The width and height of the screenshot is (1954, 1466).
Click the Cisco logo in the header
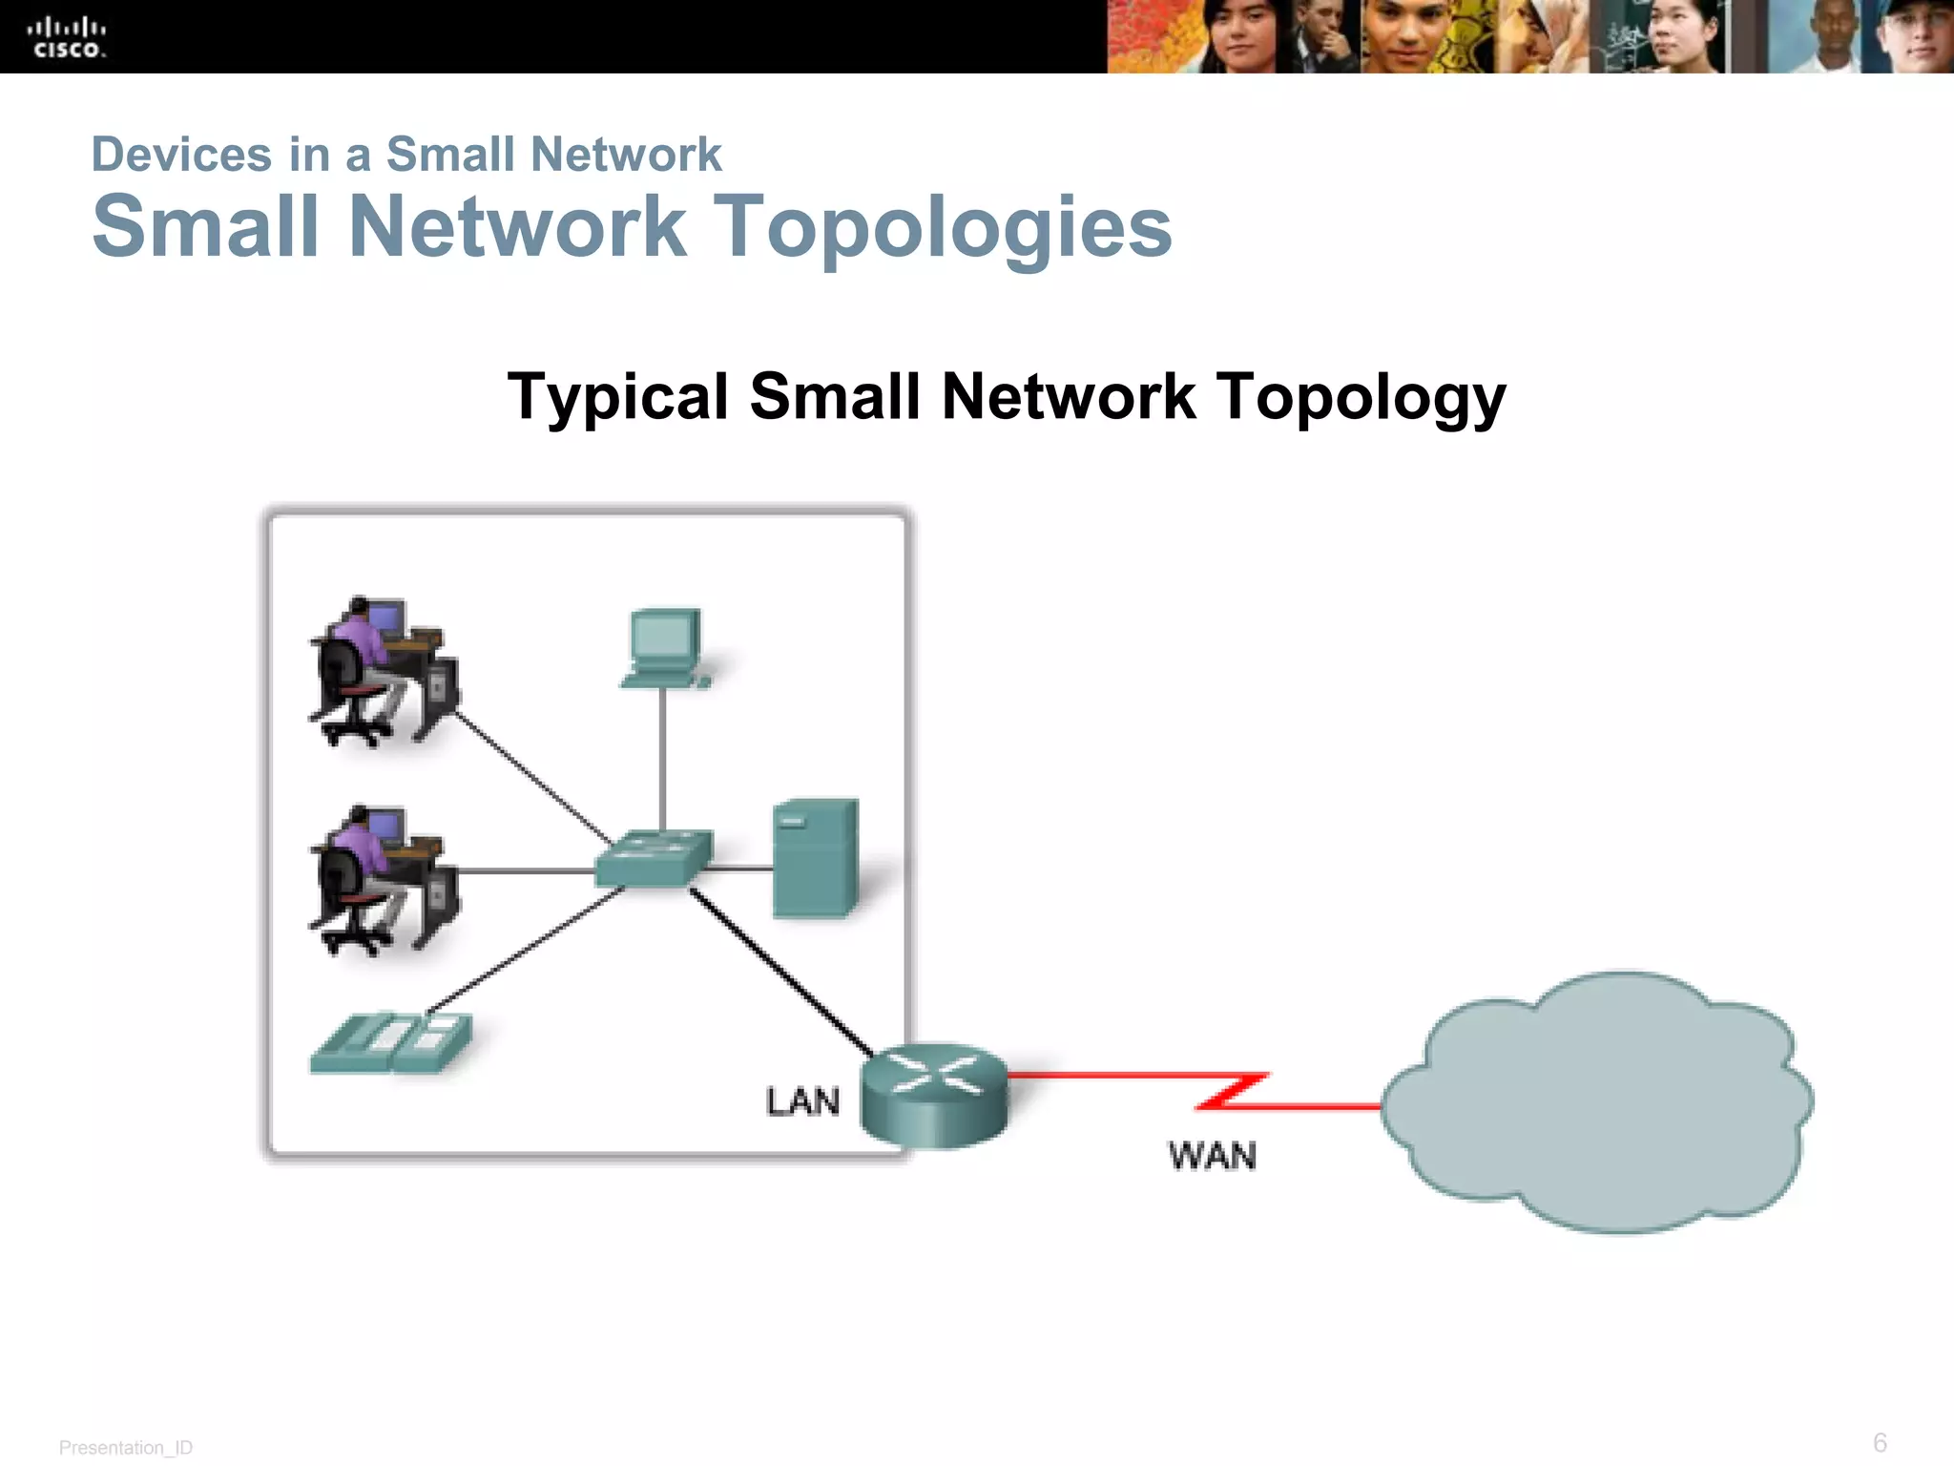[x=66, y=38]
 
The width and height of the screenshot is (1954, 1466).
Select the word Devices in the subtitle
[x=181, y=155]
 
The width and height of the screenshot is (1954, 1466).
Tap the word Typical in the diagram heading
[x=618, y=396]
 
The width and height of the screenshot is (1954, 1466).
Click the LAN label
[x=802, y=1101]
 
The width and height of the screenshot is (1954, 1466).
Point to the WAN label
[x=1212, y=1156]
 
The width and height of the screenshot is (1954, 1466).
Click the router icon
[x=934, y=1095]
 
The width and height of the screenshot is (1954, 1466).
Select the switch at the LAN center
[x=654, y=857]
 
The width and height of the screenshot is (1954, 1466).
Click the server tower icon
[x=815, y=858]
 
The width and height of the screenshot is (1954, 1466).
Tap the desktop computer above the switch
[x=665, y=647]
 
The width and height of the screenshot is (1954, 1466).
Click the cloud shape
[x=1596, y=1102]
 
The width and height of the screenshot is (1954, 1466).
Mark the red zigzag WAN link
[x=1231, y=1090]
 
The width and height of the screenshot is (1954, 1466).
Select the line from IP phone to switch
[x=525, y=949]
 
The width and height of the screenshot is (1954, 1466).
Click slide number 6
[x=1880, y=1441]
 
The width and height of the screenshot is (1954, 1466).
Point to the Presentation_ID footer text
[x=126, y=1447]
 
